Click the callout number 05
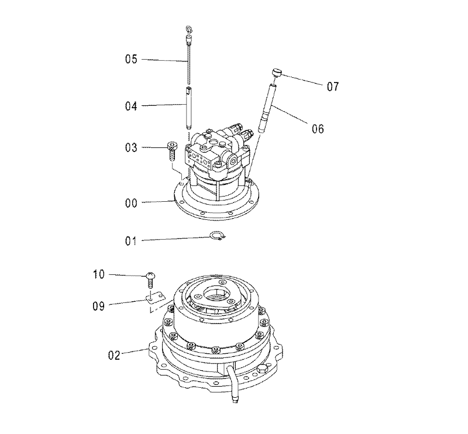[x=131, y=59]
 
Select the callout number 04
[x=131, y=106]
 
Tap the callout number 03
[x=131, y=147]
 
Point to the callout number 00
[x=131, y=204]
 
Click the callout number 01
[x=130, y=241]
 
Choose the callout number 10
[x=99, y=274]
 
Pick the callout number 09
[x=98, y=306]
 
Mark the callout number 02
[x=114, y=355]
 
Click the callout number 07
[x=333, y=87]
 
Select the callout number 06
[x=318, y=129]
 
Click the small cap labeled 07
[x=277, y=73]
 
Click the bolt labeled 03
[x=172, y=151]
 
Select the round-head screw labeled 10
[x=151, y=280]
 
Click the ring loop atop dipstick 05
[x=189, y=29]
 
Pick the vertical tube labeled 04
[x=188, y=108]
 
